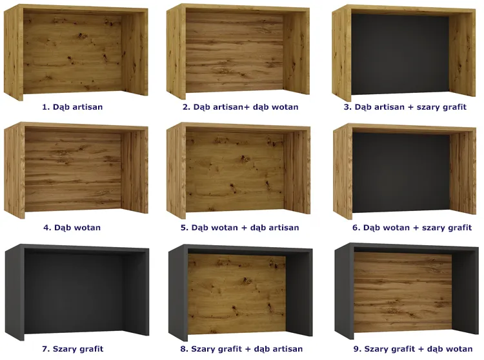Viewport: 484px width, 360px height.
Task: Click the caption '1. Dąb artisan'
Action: [72, 107]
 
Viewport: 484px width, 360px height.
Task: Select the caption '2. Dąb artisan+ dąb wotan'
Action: [241, 107]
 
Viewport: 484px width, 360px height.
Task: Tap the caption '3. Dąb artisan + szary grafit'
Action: [405, 107]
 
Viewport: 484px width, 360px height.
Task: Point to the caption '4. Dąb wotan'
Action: [72, 228]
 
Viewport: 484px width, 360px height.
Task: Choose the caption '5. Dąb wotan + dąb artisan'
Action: [240, 228]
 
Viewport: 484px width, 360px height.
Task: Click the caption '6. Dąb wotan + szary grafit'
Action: [412, 228]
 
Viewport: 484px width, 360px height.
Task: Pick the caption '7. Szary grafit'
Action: [72, 349]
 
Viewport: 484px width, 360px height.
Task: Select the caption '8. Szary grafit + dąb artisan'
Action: [241, 349]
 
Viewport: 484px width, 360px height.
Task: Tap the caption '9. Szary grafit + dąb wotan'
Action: [413, 349]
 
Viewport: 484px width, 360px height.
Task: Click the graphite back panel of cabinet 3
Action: [400, 54]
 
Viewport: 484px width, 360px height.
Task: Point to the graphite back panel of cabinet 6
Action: [401, 173]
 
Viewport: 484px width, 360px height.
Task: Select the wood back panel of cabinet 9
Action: [403, 292]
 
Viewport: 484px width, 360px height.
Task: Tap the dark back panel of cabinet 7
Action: [74, 293]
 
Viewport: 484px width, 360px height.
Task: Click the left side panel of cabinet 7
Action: [14, 292]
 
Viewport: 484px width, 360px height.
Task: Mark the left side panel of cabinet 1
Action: [14, 52]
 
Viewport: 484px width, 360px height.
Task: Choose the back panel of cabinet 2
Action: [235, 52]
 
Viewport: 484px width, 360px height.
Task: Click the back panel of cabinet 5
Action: [235, 172]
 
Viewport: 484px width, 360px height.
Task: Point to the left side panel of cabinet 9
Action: [344, 291]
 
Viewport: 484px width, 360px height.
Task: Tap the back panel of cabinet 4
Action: [73, 172]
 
